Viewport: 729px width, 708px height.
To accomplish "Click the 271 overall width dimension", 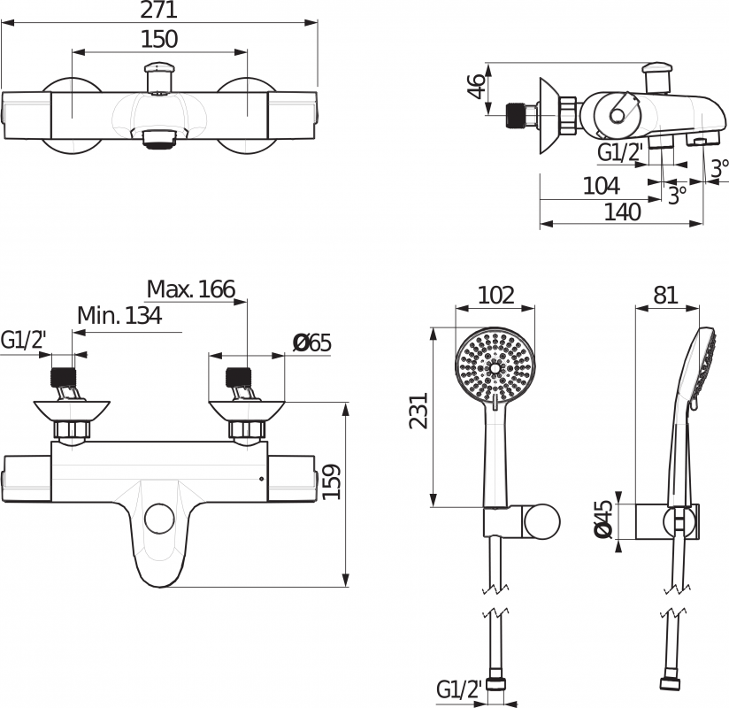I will (159, 11).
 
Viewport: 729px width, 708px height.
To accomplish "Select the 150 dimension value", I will (159, 39).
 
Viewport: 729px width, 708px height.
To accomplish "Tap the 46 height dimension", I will (477, 86).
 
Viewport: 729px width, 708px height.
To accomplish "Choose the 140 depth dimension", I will (623, 212).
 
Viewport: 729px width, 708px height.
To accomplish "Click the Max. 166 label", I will (191, 289).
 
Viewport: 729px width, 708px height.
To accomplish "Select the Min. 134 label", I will (119, 316).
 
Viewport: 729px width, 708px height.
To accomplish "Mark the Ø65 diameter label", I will (311, 342).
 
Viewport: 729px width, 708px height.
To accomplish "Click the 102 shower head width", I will (495, 295).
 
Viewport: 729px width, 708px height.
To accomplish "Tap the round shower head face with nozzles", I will (495, 366).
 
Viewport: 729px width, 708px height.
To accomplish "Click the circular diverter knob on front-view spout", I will (160, 515).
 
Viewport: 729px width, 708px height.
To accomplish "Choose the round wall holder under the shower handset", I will (541, 522).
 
